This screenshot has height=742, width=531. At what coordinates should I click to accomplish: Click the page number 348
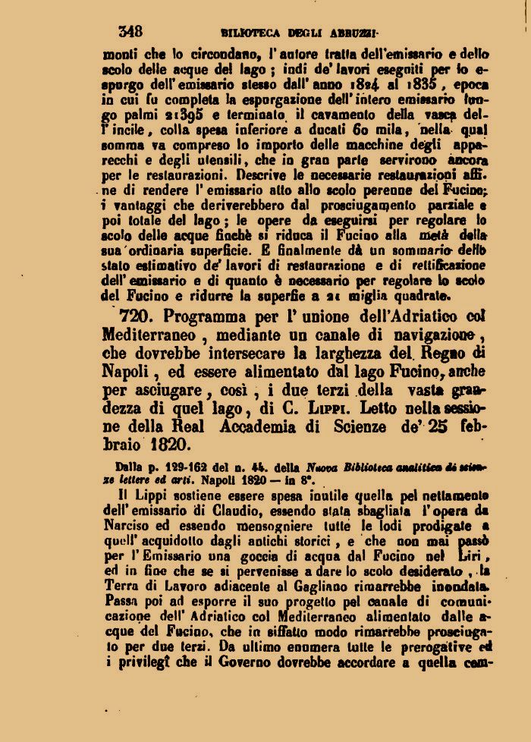pos(130,31)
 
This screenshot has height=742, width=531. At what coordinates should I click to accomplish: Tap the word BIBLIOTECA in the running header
pos(250,33)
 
